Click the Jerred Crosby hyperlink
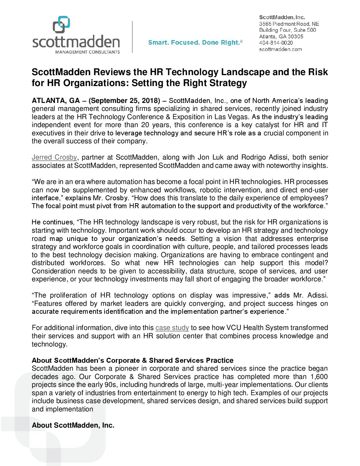(x=54, y=157)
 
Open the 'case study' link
(x=172, y=328)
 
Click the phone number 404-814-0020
(x=276, y=43)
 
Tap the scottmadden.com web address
(x=280, y=49)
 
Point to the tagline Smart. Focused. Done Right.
(x=195, y=42)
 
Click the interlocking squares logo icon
(x=62, y=24)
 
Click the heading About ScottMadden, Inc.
(x=73, y=425)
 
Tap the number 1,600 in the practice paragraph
(x=319, y=377)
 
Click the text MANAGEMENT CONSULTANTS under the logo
(x=87, y=52)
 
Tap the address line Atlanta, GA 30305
(x=281, y=36)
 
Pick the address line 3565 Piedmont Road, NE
(x=289, y=24)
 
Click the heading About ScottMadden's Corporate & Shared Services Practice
(x=132, y=360)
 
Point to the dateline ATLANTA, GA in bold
(x=56, y=101)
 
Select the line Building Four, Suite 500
(x=287, y=30)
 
